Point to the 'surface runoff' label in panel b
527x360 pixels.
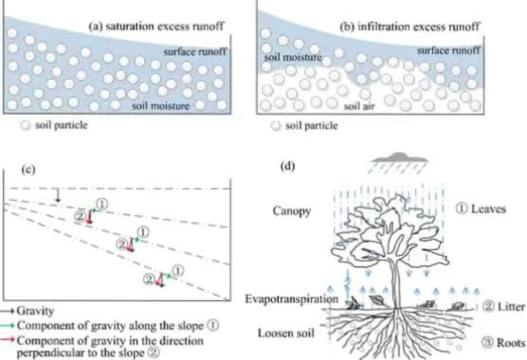[448, 50]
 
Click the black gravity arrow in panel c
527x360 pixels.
[57, 197]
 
